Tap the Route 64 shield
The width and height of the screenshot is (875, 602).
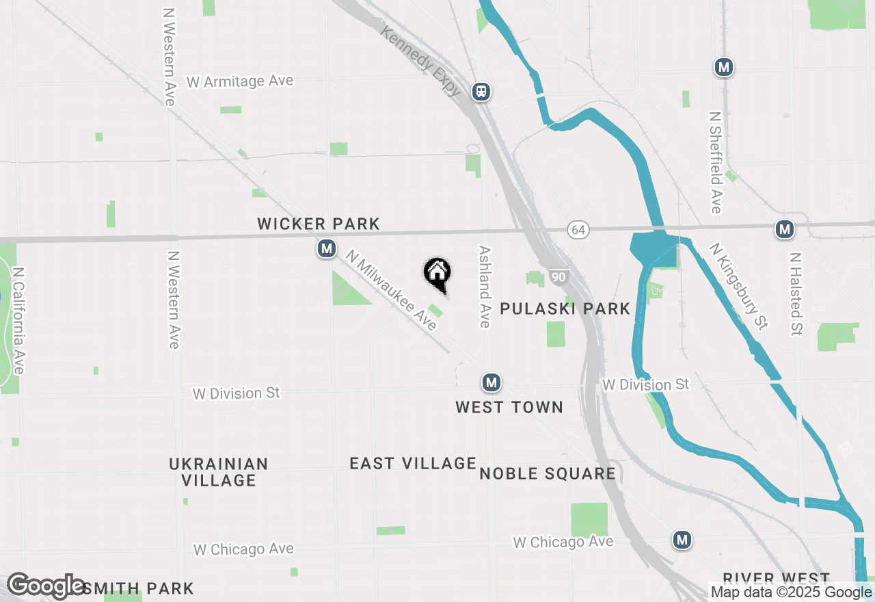click(578, 230)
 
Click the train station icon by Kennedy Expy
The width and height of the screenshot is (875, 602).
click(482, 91)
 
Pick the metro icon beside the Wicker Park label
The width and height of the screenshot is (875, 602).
click(327, 248)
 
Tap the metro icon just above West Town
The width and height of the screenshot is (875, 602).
click(491, 382)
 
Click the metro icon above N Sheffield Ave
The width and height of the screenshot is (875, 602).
click(724, 67)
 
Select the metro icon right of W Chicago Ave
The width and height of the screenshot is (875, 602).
click(682, 540)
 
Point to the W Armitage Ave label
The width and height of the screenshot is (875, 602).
click(240, 81)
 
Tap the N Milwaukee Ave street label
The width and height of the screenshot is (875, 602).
click(392, 289)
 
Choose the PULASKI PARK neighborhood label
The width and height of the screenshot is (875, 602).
click(565, 309)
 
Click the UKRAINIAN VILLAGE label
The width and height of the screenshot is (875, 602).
click(219, 472)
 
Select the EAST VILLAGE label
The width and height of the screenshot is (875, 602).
click(413, 463)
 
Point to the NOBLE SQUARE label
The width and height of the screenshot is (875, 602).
click(548, 473)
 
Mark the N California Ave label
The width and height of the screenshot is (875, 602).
click(18, 321)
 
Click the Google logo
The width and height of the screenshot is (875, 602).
click(46, 586)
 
